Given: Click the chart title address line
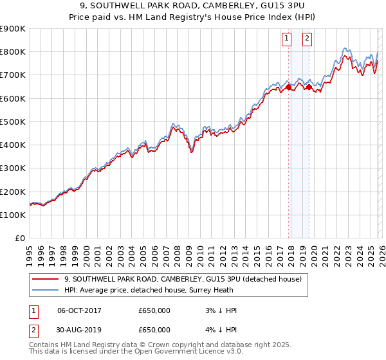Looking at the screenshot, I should (x=193, y=6).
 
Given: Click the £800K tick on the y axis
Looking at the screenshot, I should (x=13, y=52).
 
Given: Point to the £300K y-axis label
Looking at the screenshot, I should (x=13, y=168).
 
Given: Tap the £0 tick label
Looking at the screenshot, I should (x=20, y=239).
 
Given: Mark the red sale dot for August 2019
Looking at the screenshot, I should (x=309, y=87).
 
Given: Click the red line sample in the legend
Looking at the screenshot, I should (x=46, y=279).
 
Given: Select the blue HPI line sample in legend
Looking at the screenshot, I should (x=46, y=290).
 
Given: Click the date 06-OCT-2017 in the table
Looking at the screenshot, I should (x=79, y=310).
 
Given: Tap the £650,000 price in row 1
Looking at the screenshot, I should (x=154, y=310).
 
